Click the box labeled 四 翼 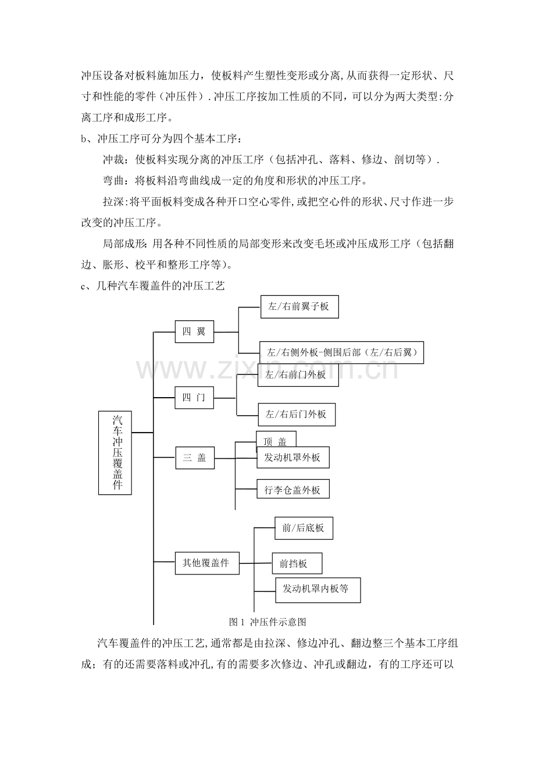click(x=194, y=331)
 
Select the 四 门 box click(x=194, y=398)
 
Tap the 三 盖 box click(x=195, y=458)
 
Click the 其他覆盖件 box click(x=207, y=563)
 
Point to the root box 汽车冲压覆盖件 click(x=115, y=453)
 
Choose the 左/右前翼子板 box click(x=299, y=307)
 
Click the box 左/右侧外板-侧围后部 click(x=342, y=352)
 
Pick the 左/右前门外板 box click(x=298, y=375)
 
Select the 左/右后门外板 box click(x=297, y=415)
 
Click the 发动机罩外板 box click(x=293, y=458)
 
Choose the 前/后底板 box click(x=304, y=528)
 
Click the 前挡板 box click(x=297, y=563)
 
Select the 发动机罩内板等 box click(x=318, y=590)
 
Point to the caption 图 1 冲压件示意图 click(x=267, y=622)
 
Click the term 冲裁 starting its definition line click(x=113, y=159)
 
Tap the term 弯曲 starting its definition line click(x=113, y=180)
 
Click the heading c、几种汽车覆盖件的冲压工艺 click(x=153, y=286)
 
